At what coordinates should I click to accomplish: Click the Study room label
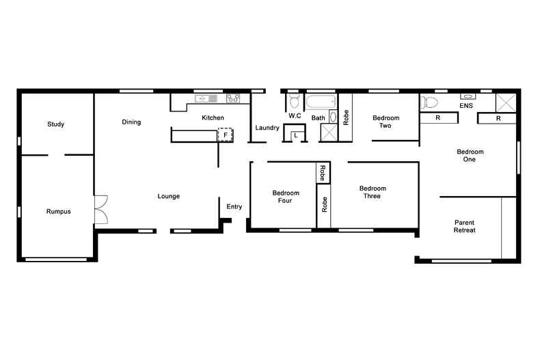point(55,124)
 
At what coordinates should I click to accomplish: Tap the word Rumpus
point(58,212)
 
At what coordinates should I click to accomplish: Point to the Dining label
point(131,123)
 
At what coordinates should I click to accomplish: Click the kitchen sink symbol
point(206,99)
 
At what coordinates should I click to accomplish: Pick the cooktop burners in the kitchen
point(233,99)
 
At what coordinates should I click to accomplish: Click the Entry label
point(234,207)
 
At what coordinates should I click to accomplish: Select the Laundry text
point(267,128)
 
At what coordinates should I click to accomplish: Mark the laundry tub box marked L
point(295,135)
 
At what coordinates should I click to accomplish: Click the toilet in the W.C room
point(295,102)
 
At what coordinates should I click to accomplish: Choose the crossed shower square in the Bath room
point(329,133)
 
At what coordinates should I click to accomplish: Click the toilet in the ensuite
point(430,102)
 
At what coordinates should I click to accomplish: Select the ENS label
point(466,107)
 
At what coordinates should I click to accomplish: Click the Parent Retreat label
point(464,227)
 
